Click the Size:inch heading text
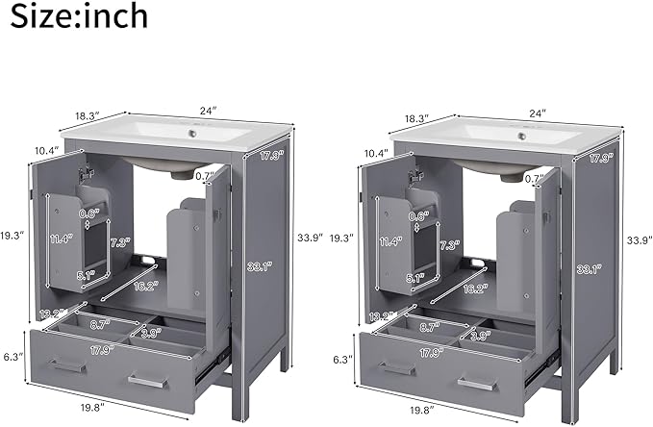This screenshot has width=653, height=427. coord(79,15)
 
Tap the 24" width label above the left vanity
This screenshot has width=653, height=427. coord(209,111)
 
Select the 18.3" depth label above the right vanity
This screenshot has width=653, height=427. coord(416,118)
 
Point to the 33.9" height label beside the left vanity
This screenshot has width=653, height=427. coord(310,238)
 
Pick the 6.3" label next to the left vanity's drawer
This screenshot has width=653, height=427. coord(12,357)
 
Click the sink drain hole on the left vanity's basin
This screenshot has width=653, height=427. coord(192,134)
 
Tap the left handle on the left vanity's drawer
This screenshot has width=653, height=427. coord(68,365)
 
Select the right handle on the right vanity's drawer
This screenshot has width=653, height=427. coord(477,384)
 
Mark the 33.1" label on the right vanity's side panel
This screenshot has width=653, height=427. coord(589,269)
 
